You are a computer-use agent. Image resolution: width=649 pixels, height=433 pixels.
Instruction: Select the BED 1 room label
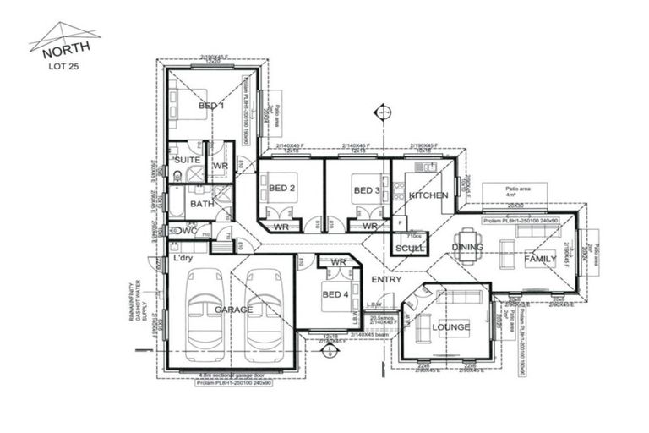click(x=211, y=106)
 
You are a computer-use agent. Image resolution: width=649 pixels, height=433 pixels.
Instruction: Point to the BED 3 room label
click(x=366, y=189)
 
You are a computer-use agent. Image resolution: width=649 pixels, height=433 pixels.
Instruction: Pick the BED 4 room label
click(x=335, y=293)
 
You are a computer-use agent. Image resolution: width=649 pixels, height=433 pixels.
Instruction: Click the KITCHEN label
click(x=428, y=195)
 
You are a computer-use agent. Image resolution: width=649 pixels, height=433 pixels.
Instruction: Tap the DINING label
click(x=467, y=248)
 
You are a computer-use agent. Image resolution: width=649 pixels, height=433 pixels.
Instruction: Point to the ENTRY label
click(x=384, y=279)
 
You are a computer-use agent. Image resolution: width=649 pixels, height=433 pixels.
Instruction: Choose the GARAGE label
click(x=233, y=310)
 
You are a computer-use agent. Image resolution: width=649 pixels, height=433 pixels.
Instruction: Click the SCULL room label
click(x=410, y=249)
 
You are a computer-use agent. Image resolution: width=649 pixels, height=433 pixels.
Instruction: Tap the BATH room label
click(x=202, y=204)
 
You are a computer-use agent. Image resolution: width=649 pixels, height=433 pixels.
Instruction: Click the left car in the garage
click(x=205, y=315)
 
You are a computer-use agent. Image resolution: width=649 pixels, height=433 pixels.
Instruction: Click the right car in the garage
click(x=264, y=315)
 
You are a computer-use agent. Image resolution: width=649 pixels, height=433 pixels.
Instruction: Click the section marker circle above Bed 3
click(x=384, y=111)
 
